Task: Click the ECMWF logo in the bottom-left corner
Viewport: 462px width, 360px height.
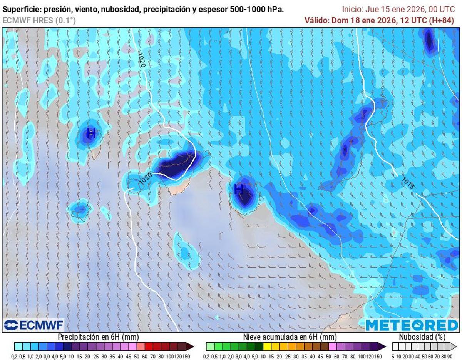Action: click(33, 325)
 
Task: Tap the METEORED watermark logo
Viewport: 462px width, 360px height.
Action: click(412, 325)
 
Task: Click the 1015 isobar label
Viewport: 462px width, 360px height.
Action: click(408, 183)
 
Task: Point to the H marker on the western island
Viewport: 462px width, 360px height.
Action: click(91, 134)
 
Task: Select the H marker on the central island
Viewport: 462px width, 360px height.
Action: click(239, 189)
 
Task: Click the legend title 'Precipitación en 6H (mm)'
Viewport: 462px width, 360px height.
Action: click(98, 337)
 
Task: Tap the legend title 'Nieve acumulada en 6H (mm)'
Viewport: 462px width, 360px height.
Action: click(290, 337)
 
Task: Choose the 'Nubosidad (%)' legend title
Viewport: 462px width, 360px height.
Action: click(422, 337)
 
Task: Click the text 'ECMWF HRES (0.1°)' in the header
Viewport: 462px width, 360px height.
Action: click(39, 20)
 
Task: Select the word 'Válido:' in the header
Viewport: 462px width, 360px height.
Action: click(316, 20)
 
